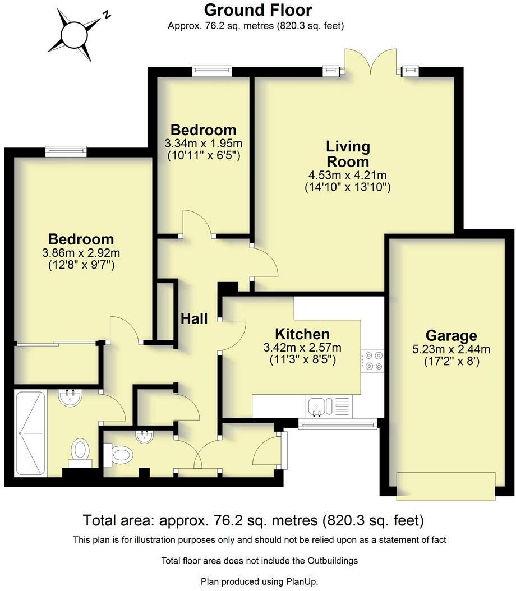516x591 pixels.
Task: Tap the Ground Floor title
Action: click(258, 10)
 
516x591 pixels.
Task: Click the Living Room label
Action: click(348, 154)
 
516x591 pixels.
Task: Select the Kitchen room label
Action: click(302, 334)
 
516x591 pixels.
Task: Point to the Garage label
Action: click(451, 335)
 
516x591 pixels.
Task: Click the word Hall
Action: click(194, 319)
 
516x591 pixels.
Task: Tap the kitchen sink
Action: click(319, 407)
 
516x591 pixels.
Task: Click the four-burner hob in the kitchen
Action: click(372, 361)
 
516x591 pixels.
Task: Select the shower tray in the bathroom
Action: click(30, 433)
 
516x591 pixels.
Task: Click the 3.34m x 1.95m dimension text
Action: click(204, 144)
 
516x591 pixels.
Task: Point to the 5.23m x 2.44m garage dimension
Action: click(451, 349)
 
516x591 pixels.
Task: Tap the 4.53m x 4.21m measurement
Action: click(348, 176)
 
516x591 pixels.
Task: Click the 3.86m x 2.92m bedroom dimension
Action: click(81, 253)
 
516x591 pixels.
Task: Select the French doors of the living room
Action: click(371, 62)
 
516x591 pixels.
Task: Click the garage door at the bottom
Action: click(446, 486)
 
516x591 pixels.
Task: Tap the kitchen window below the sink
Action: click(337, 424)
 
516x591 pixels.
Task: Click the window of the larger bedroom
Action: click(66, 151)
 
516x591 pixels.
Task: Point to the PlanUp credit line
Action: click(260, 581)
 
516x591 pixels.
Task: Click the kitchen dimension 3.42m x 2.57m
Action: click(302, 348)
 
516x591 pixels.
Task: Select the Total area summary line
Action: click(254, 520)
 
